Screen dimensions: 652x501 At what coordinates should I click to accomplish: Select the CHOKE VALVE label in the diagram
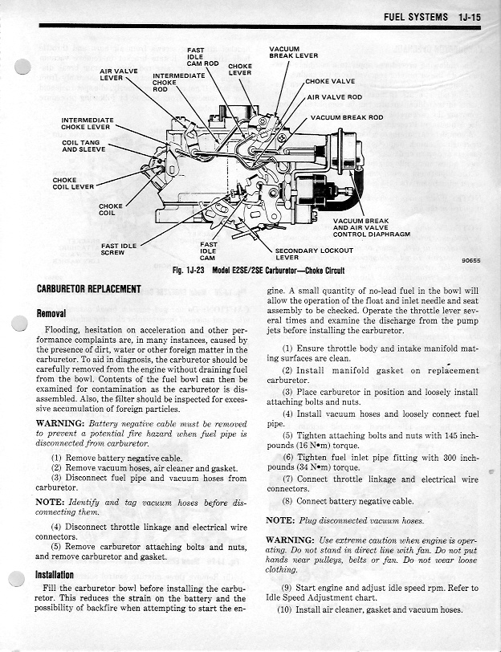(330, 81)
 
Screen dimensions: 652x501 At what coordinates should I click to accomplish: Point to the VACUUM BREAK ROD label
(347, 117)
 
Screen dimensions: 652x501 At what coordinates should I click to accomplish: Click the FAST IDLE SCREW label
(118, 249)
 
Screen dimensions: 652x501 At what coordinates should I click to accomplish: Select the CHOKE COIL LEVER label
(73, 183)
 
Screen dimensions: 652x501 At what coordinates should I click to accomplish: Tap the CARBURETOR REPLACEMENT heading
(89, 289)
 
